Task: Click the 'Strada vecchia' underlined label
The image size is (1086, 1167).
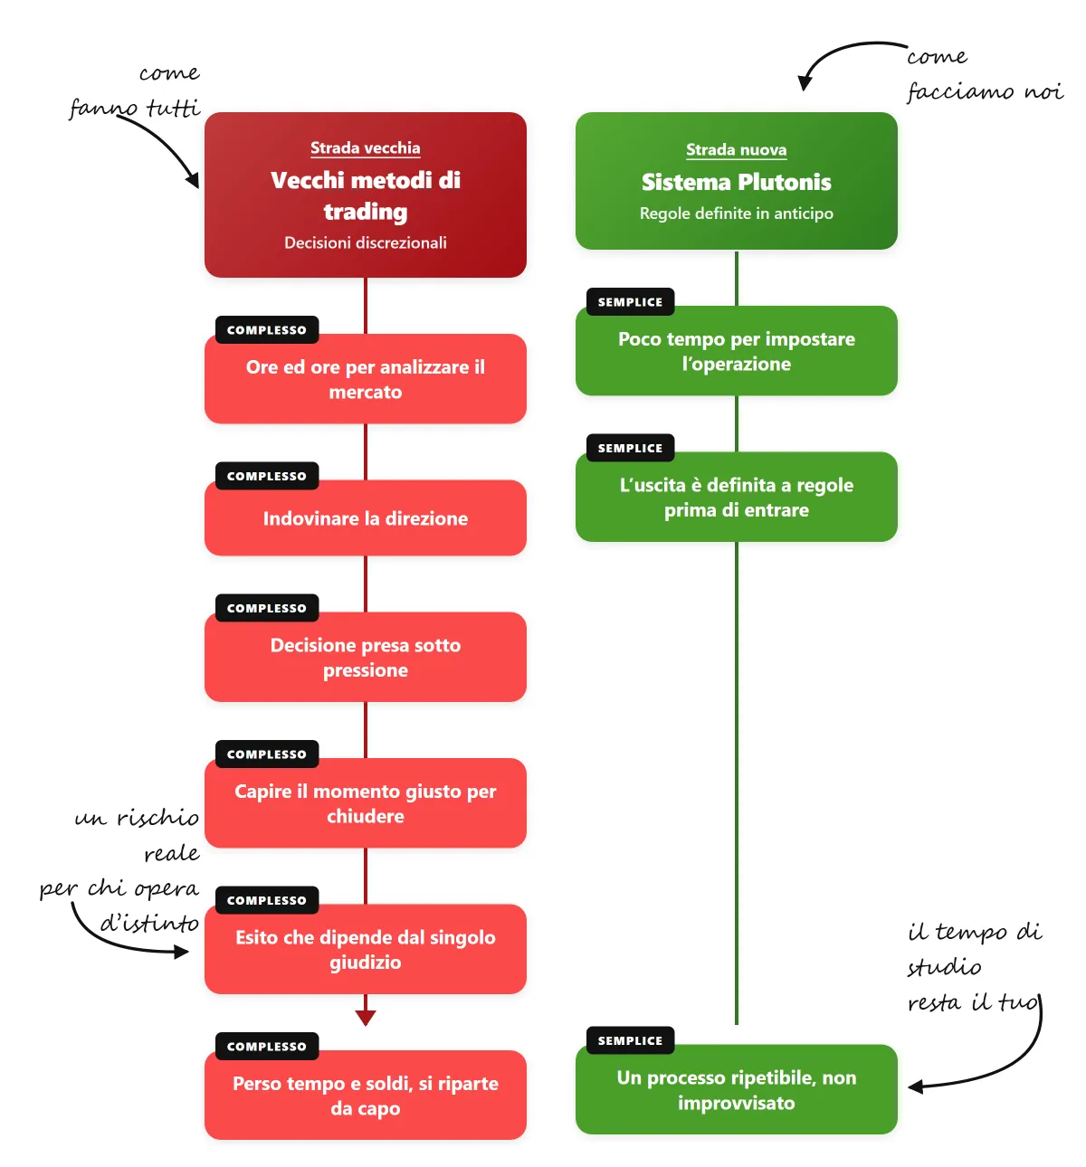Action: (x=365, y=148)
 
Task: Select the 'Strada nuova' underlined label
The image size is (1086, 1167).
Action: (x=736, y=150)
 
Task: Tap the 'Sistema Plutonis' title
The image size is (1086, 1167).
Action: (x=736, y=182)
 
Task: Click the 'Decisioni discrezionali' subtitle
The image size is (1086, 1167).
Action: (x=365, y=242)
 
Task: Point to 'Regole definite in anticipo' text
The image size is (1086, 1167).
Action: (x=736, y=213)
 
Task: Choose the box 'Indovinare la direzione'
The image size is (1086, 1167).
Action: (x=365, y=517)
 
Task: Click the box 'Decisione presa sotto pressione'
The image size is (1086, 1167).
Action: (x=365, y=657)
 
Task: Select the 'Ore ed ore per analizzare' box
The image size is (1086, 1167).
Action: (x=365, y=379)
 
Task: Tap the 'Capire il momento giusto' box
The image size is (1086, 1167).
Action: (x=365, y=802)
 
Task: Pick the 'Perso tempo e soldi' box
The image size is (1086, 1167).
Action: (x=365, y=1095)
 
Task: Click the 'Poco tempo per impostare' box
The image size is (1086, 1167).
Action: (x=736, y=351)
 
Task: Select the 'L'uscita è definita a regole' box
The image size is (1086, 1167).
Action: (x=736, y=497)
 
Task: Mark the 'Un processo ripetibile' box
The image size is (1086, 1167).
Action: (x=736, y=1089)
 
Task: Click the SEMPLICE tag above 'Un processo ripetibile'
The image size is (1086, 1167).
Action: (x=630, y=1040)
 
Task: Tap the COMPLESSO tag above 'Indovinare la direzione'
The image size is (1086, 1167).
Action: (x=267, y=476)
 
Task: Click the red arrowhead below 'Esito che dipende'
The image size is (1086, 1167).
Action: (x=365, y=1018)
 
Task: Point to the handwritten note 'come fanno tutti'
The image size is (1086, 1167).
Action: (x=135, y=91)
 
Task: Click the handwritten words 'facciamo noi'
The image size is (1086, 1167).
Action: (x=986, y=91)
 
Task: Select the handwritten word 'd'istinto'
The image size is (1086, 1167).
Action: (x=150, y=923)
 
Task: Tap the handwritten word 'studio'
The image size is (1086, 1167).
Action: (x=944, y=967)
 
